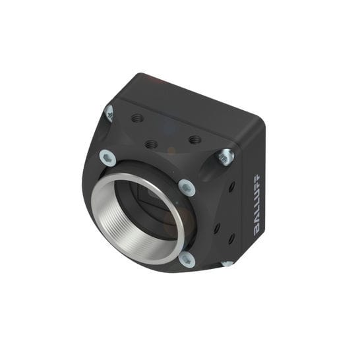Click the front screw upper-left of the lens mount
pyautogui.click(x=107, y=158)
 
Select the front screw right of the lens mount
pyautogui.click(x=187, y=188)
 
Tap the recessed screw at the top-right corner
pyautogui.click(x=224, y=157)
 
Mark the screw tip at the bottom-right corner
pyautogui.click(x=227, y=263)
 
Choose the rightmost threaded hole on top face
pyautogui.click(x=194, y=140)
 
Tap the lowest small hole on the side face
pyautogui.click(x=231, y=239)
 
